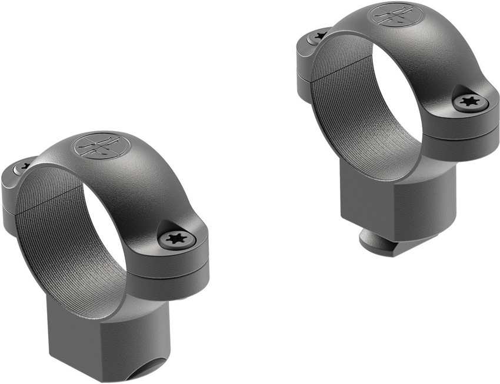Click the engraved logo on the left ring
(x=98, y=146)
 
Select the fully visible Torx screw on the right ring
(x=469, y=101)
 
